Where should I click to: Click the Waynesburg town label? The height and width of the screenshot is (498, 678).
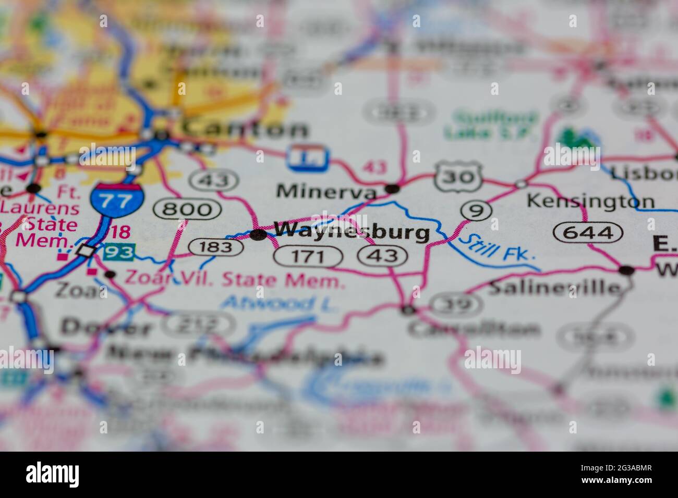353,231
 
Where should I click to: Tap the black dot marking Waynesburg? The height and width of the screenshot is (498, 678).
258,235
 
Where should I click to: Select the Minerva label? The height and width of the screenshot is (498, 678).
326,191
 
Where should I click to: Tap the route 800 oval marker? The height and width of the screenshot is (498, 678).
187,209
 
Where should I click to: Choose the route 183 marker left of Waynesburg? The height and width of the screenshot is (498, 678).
215,246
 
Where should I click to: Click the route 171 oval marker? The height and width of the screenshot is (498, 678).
308,256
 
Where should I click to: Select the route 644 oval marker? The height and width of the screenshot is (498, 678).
589,232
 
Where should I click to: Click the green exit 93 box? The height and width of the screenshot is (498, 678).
119,253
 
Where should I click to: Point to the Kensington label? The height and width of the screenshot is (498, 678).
590,201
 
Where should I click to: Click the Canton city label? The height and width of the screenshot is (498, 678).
244,128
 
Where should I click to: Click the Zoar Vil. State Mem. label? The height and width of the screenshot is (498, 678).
234,280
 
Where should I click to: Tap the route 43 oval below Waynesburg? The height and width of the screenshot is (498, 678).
383,255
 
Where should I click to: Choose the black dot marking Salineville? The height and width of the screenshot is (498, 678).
626,270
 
